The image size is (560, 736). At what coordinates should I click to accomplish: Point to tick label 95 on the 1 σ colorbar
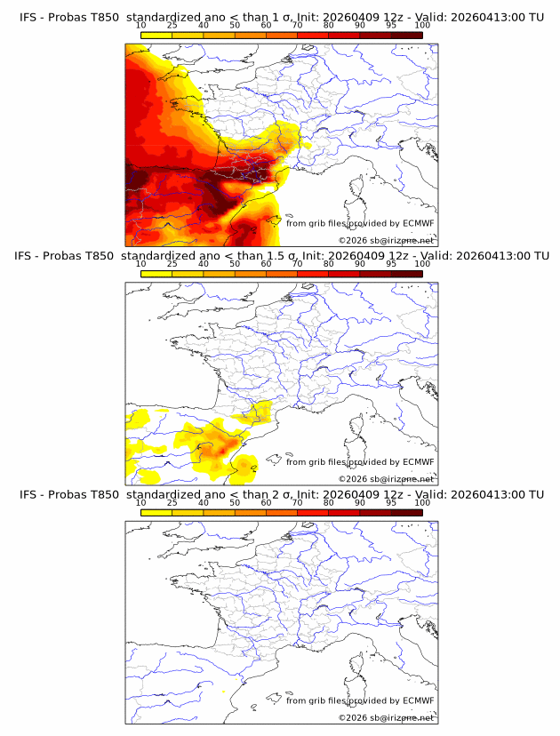tap(391, 26)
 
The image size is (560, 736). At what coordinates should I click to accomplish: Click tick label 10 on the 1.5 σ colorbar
tap(140, 264)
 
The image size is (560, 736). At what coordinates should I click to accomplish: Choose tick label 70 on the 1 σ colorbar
tap(297, 26)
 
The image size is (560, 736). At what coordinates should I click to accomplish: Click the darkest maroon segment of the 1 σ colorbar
tap(406, 36)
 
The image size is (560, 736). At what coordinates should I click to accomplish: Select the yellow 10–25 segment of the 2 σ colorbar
tap(156, 513)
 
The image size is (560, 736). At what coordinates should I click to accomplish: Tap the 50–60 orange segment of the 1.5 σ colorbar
tap(250, 274)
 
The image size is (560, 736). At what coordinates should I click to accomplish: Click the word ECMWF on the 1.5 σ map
tap(418, 462)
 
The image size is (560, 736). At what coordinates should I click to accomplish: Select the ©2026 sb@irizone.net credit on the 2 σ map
tap(386, 717)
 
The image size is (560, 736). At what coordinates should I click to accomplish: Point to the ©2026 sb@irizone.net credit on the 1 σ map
tap(386, 240)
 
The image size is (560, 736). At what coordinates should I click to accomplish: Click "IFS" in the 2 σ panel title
tap(28, 494)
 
